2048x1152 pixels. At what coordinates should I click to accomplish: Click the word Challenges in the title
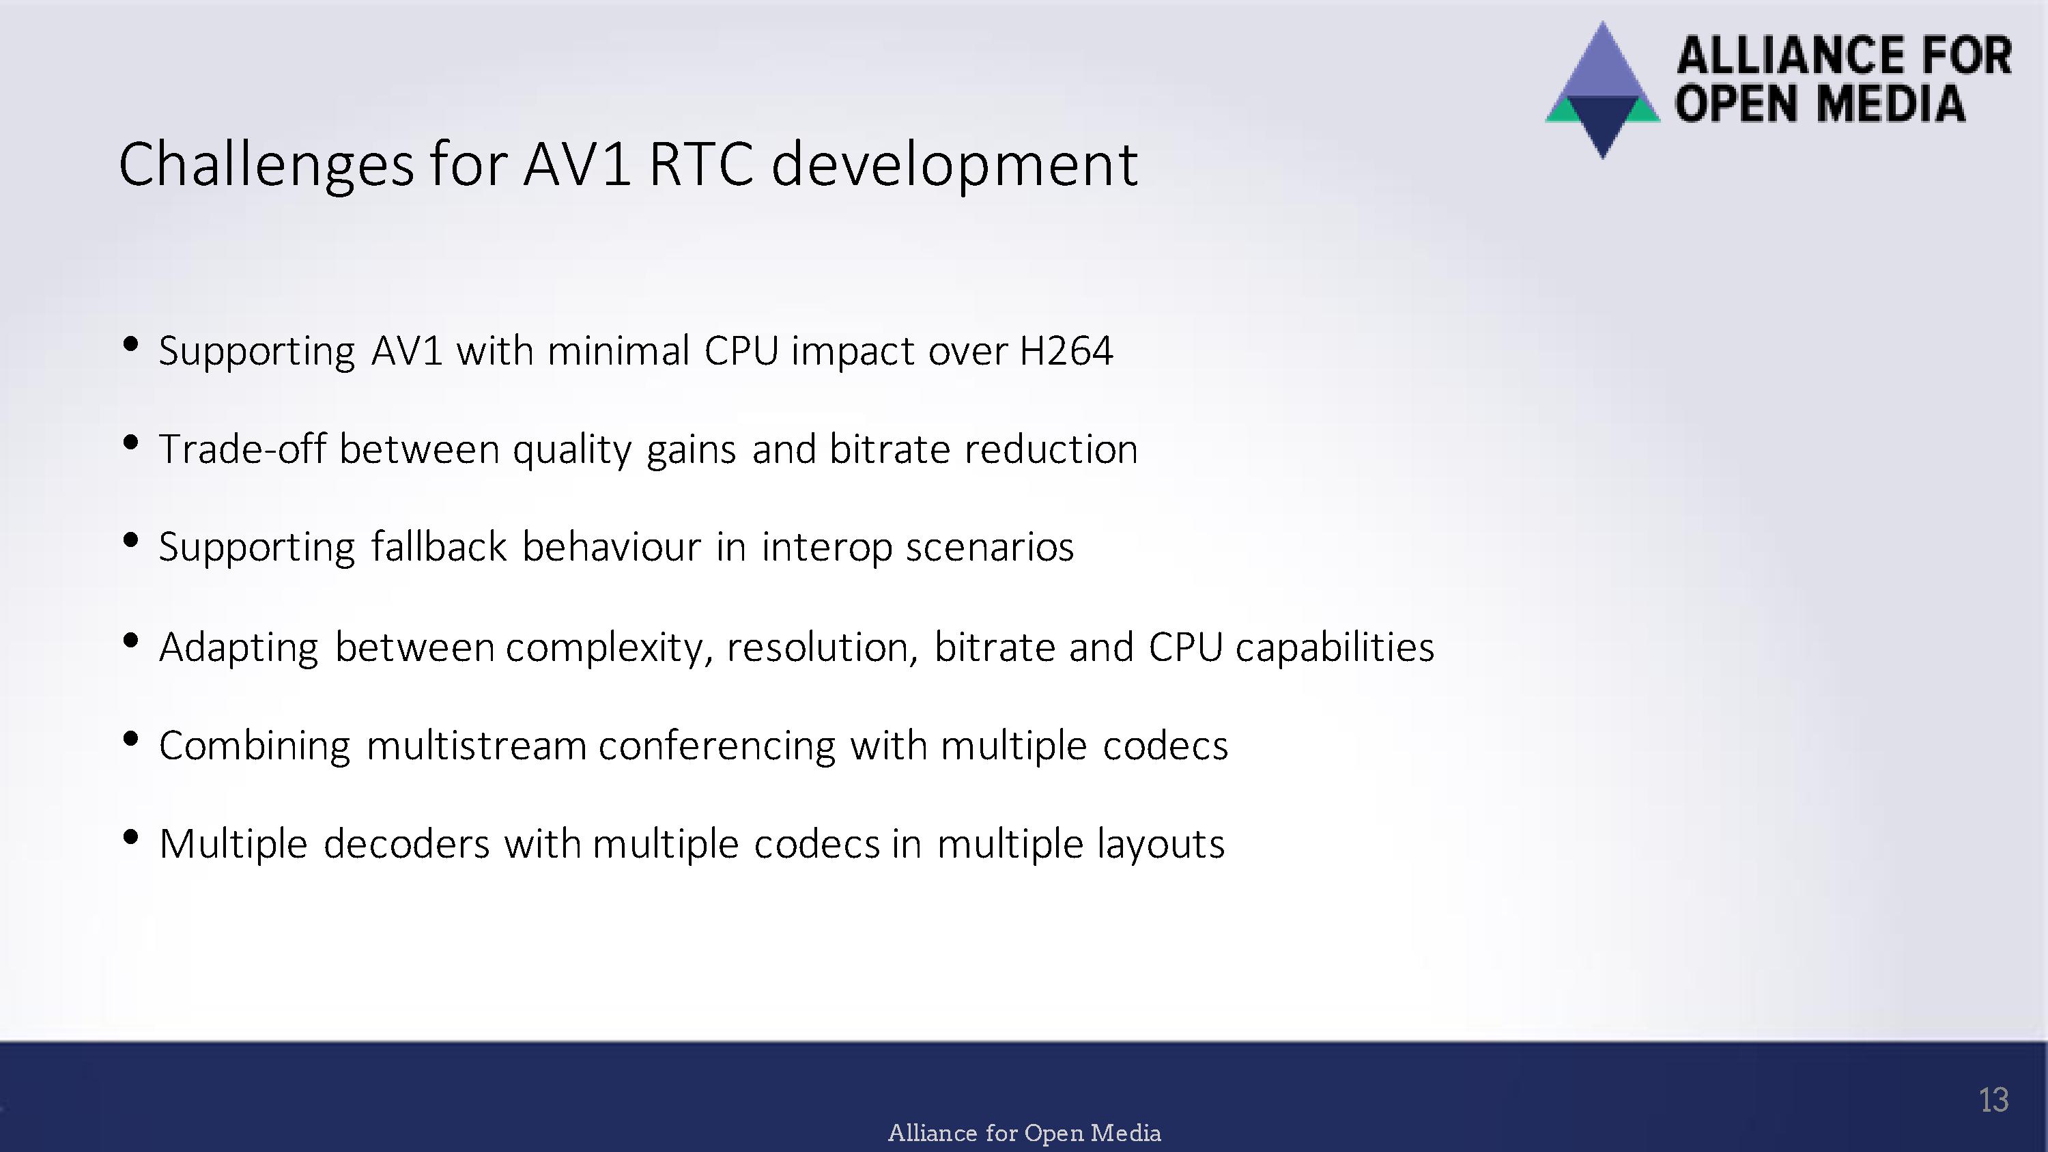pos(266,165)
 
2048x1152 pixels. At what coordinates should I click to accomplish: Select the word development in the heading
pos(954,165)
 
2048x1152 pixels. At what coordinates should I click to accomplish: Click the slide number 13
pos(1993,1100)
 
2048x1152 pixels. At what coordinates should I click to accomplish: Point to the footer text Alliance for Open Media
pos(1024,1132)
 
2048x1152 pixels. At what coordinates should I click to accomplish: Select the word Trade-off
pos(242,449)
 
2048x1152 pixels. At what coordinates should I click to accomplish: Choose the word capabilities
pos(1335,647)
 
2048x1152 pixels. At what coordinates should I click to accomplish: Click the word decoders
pos(406,843)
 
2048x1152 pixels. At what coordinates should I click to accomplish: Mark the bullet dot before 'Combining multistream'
pos(131,739)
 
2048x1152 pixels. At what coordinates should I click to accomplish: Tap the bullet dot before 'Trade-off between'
pos(131,442)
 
